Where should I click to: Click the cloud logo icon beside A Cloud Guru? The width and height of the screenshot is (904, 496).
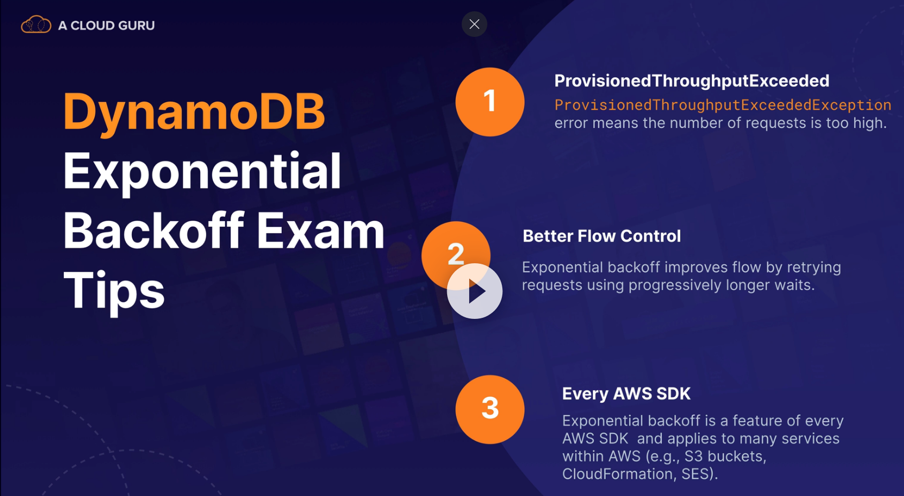36,24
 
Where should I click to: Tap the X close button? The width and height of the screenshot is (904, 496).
474,24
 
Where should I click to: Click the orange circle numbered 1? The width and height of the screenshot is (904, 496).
490,102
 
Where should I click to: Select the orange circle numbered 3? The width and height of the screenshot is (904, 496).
490,409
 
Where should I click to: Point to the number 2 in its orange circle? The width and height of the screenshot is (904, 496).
456,254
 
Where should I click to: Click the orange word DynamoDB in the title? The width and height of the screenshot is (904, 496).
194,112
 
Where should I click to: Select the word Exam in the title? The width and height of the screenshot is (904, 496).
320,231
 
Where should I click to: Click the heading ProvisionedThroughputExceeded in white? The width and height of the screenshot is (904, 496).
692,81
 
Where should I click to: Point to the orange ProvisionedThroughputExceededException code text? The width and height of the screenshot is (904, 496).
723,105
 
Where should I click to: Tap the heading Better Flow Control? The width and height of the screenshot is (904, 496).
602,236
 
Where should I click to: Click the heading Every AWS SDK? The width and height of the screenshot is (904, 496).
627,394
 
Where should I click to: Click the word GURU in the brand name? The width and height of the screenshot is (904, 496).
137,25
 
